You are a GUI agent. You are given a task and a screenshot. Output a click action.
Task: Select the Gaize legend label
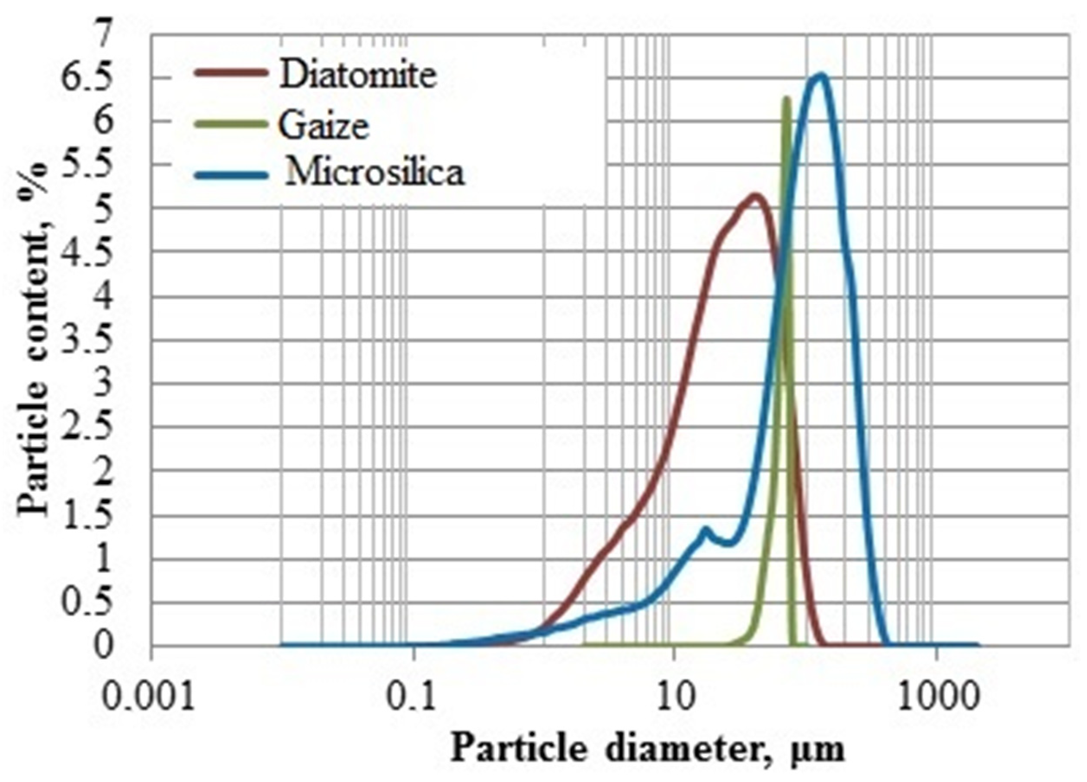pyautogui.click(x=324, y=125)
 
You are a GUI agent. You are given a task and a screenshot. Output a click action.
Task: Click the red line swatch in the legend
pyautogui.click(x=231, y=73)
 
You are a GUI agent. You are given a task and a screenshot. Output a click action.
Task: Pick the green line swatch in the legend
pyautogui.click(x=231, y=123)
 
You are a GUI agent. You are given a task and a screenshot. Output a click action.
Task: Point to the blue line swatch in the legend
pyautogui.click(x=231, y=175)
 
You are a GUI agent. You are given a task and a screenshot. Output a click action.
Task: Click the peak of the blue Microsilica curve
pyautogui.click(x=821, y=75)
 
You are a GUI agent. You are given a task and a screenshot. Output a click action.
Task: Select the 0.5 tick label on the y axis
pyautogui.click(x=89, y=603)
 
